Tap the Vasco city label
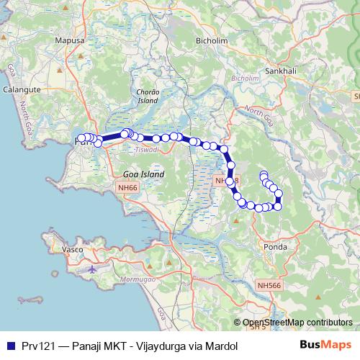coord(73,249)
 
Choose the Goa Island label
coord(144,174)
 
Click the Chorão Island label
coord(148,96)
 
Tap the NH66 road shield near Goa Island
coord(128,187)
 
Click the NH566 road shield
coord(269,286)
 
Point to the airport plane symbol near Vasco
coord(93,269)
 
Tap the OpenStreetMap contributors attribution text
coord(297,323)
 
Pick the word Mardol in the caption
coord(222,346)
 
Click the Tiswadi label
coord(146,150)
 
